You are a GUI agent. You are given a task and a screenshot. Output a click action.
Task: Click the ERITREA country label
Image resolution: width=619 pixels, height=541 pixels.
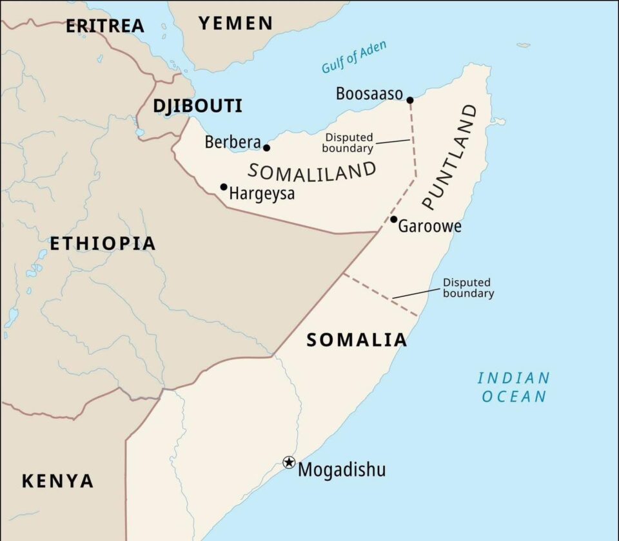105,26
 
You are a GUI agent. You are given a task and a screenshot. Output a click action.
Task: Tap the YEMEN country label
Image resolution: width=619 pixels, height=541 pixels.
235,24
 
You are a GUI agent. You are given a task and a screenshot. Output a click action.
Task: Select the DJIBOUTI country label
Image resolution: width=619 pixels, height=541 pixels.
197,106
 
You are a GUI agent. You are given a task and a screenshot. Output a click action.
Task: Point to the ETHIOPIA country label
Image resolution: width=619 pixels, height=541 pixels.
103,243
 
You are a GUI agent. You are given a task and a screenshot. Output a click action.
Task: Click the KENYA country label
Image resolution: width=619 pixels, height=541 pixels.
58,480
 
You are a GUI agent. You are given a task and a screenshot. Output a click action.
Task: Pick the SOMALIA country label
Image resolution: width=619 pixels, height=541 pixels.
357,340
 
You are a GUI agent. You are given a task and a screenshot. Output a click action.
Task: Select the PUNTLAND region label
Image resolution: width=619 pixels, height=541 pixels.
450,157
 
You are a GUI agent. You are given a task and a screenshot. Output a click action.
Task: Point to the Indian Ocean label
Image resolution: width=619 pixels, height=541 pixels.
514,387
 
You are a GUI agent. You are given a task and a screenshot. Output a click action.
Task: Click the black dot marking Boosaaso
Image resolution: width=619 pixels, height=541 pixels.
409,100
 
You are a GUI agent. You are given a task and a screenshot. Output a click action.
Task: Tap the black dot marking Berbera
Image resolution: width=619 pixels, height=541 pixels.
266,147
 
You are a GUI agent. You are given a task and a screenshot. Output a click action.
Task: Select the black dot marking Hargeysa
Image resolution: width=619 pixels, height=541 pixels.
224,187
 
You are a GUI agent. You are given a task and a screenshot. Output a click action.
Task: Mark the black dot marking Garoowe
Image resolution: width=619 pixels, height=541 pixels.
393,219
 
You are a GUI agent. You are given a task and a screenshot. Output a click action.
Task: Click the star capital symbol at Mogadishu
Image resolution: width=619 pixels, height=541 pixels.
289,462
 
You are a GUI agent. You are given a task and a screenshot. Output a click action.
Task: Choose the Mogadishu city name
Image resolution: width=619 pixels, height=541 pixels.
342,470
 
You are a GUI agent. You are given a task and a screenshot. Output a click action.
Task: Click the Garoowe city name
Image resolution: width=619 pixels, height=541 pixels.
430,227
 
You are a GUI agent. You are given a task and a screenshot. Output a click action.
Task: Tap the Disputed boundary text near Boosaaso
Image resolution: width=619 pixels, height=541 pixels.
349,143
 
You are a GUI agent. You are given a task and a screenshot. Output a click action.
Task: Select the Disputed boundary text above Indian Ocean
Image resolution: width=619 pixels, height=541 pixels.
468,288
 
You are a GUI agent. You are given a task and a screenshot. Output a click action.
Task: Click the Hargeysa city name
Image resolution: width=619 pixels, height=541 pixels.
262,193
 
